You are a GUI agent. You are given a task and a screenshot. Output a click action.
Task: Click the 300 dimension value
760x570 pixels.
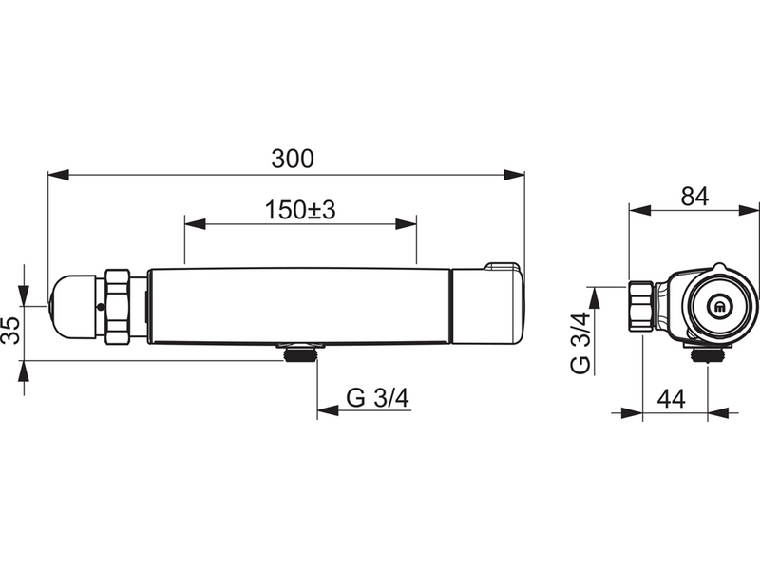tap(293, 159)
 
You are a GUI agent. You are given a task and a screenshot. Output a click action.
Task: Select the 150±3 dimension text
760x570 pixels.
tap(300, 210)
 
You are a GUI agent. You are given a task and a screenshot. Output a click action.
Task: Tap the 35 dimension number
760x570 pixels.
tap(10, 331)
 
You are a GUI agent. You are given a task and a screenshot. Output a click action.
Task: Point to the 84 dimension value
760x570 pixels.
tap(694, 197)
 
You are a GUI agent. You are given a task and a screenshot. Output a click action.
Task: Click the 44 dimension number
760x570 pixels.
tap(672, 399)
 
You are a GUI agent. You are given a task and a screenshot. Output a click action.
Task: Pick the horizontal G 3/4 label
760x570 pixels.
tap(377, 398)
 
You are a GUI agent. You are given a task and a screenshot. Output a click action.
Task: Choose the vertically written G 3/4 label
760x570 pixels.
tap(580, 343)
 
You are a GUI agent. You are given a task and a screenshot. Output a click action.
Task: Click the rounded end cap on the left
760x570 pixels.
tap(73, 305)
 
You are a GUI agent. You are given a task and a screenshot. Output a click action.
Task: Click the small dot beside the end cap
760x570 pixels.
tap(101, 307)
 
